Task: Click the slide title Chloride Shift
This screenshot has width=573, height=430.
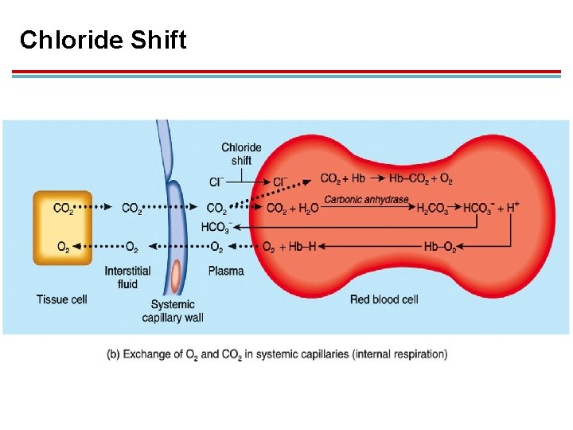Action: click(103, 40)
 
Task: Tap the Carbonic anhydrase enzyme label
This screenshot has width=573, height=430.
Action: click(367, 199)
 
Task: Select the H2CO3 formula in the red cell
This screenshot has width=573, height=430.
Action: click(433, 209)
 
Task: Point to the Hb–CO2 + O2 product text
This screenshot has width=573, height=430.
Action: click(421, 178)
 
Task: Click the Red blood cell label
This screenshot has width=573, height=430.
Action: click(384, 299)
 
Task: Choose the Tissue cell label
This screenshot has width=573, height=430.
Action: click(61, 299)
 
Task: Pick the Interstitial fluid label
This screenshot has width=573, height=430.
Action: click(127, 277)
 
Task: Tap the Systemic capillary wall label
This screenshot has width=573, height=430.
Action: click(173, 311)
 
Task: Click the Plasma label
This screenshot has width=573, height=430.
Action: click(226, 271)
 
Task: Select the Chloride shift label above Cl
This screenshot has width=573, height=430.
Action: click(241, 154)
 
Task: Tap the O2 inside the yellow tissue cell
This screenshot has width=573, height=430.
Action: click(62, 248)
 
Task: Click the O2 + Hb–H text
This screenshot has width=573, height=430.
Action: click(289, 248)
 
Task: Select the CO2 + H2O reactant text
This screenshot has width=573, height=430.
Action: click(292, 209)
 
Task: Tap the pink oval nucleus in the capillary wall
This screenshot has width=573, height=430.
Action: click(176, 276)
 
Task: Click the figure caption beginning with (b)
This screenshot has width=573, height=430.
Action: click(277, 354)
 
